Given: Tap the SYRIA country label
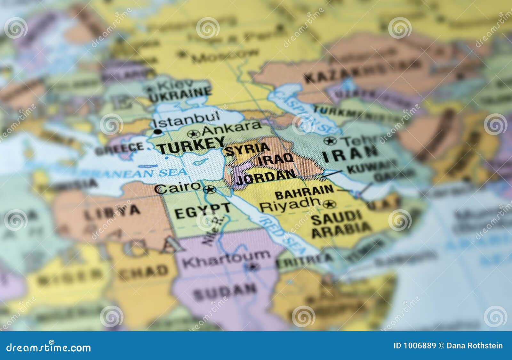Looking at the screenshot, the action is pyautogui.click(x=247, y=149).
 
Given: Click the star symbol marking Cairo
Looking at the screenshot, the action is pyautogui.click(x=210, y=190).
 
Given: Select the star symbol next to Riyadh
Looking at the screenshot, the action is pyautogui.click(x=329, y=204).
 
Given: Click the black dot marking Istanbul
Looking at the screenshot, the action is pyautogui.click(x=157, y=132).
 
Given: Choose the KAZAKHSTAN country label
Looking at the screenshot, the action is pyautogui.click(x=362, y=71).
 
